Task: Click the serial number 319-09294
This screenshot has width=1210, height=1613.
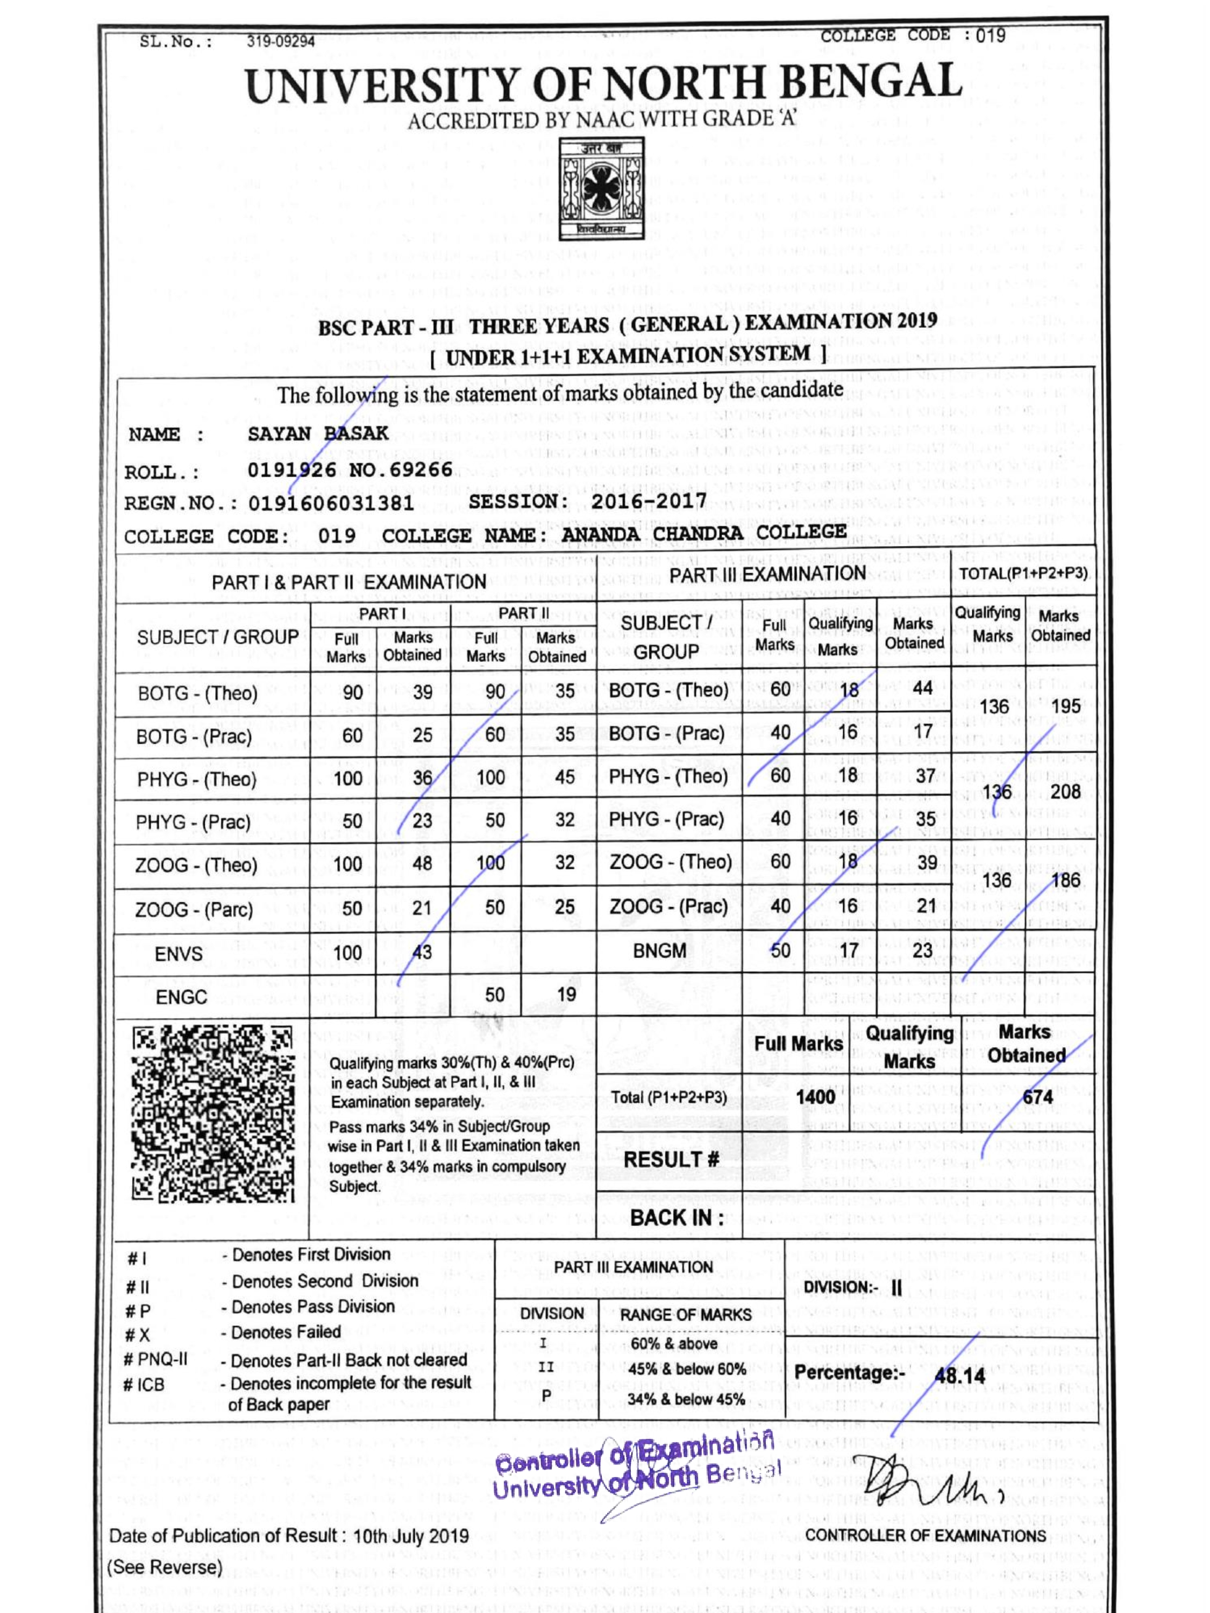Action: [x=281, y=41]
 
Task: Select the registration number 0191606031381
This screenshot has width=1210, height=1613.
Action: [x=331, y=503]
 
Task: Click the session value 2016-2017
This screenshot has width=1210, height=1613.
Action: [x=649, y=501]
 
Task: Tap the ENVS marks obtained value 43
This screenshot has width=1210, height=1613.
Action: [x=422, y=952]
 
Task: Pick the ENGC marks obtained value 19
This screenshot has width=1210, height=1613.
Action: [x=566, y=994]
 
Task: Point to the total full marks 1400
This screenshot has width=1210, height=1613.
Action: [x=815, y=1097]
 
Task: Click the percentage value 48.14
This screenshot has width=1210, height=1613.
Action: [x=959, y=1376]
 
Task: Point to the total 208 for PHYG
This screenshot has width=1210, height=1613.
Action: [x=1065, y=791]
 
